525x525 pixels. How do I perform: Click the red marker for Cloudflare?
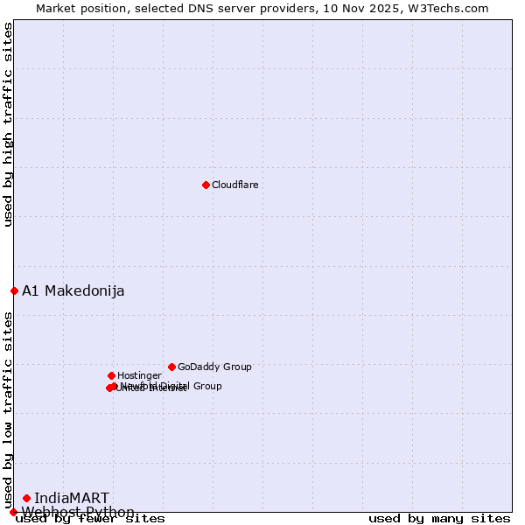(x=206, y=185)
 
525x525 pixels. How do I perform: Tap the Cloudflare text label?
(x=234, y=185)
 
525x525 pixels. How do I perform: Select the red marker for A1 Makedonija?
(x=14, y=290)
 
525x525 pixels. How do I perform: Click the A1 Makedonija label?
(x=73, y=290)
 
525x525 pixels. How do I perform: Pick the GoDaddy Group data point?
(x=171, y=367)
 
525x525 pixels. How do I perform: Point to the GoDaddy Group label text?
(x=214, y=367)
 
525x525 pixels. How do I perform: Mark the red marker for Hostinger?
(x=111, y=375)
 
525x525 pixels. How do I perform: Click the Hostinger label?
(x=139, y=375)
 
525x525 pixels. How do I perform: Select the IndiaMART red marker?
(x=26, y=498)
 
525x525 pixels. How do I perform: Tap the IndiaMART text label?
(x=72, y=498)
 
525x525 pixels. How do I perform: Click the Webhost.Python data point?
(x=13, y=512)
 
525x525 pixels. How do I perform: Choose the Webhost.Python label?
(x=78, y=512)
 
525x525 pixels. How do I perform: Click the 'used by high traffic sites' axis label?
(x=8, y=124)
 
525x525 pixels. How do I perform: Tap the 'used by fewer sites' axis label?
(x=90, y=519)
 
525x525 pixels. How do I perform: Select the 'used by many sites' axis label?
(x=439, y=519)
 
